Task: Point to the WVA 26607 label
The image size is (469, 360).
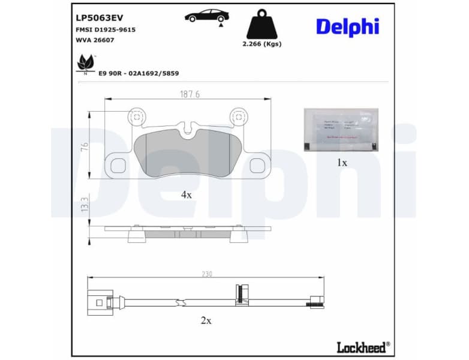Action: coord(95,40)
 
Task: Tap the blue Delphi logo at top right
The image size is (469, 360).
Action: coord(347,26)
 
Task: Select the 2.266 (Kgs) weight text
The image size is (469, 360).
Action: coord(261,44)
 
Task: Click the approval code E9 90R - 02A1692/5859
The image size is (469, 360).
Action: coord(139,73)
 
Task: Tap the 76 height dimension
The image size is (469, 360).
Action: coord(85,147)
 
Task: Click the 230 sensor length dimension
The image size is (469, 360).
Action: coord(206,274)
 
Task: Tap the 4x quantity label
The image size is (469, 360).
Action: coord(187,194)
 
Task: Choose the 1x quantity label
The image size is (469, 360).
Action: coord(341,162)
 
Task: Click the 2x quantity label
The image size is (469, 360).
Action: coord(206,320)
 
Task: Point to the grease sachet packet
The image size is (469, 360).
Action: coord(341,129)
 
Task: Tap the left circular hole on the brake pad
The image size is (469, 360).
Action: coord(137,116)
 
